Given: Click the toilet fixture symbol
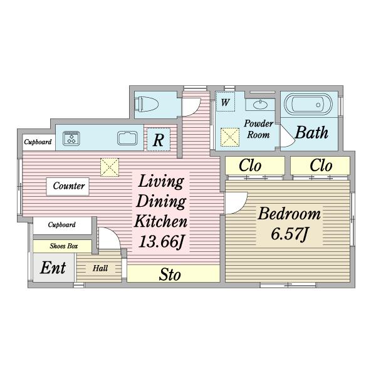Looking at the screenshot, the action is pyautogui.click(x=146, y=105).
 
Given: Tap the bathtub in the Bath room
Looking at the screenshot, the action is pyautogui.click(x=308, y=104).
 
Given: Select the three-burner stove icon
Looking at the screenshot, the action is pyautogui.click(x=71, y=138).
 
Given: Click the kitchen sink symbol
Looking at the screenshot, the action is pyautogui.click(x=127, y=138).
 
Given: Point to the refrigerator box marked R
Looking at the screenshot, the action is pyautogui.click(x=159, y=139).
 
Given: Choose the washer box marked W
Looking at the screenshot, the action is pyautogui.click(x=225, y=102).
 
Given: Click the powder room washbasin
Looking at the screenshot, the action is pyautogui.click(x=259, y=105).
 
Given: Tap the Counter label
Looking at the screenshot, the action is pyautogui.click(x=69, y=186).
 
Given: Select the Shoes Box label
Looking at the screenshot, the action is pyautogui.click(x=64, y=246).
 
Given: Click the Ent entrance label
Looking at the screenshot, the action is pyautogui.click(x=53, y=268).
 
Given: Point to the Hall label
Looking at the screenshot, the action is pyautogui.click(x=100, y=268).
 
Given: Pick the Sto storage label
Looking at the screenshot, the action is pyautogui.click(x=170, y=274).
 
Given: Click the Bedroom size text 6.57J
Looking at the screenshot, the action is pyautogui.click(x=289, y=234).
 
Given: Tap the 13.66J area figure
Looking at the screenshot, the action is pyautogui.click(x=161, y=241).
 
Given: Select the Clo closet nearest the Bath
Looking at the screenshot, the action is pyautogui.click(x=321, y=165).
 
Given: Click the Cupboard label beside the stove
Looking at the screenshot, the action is pyautogui.click(x=38, y=142).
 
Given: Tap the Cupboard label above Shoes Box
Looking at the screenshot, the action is pyautogui.click(x=61, y=225).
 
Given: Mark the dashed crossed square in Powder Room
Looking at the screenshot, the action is pyautogui.click(x=230, y=137).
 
